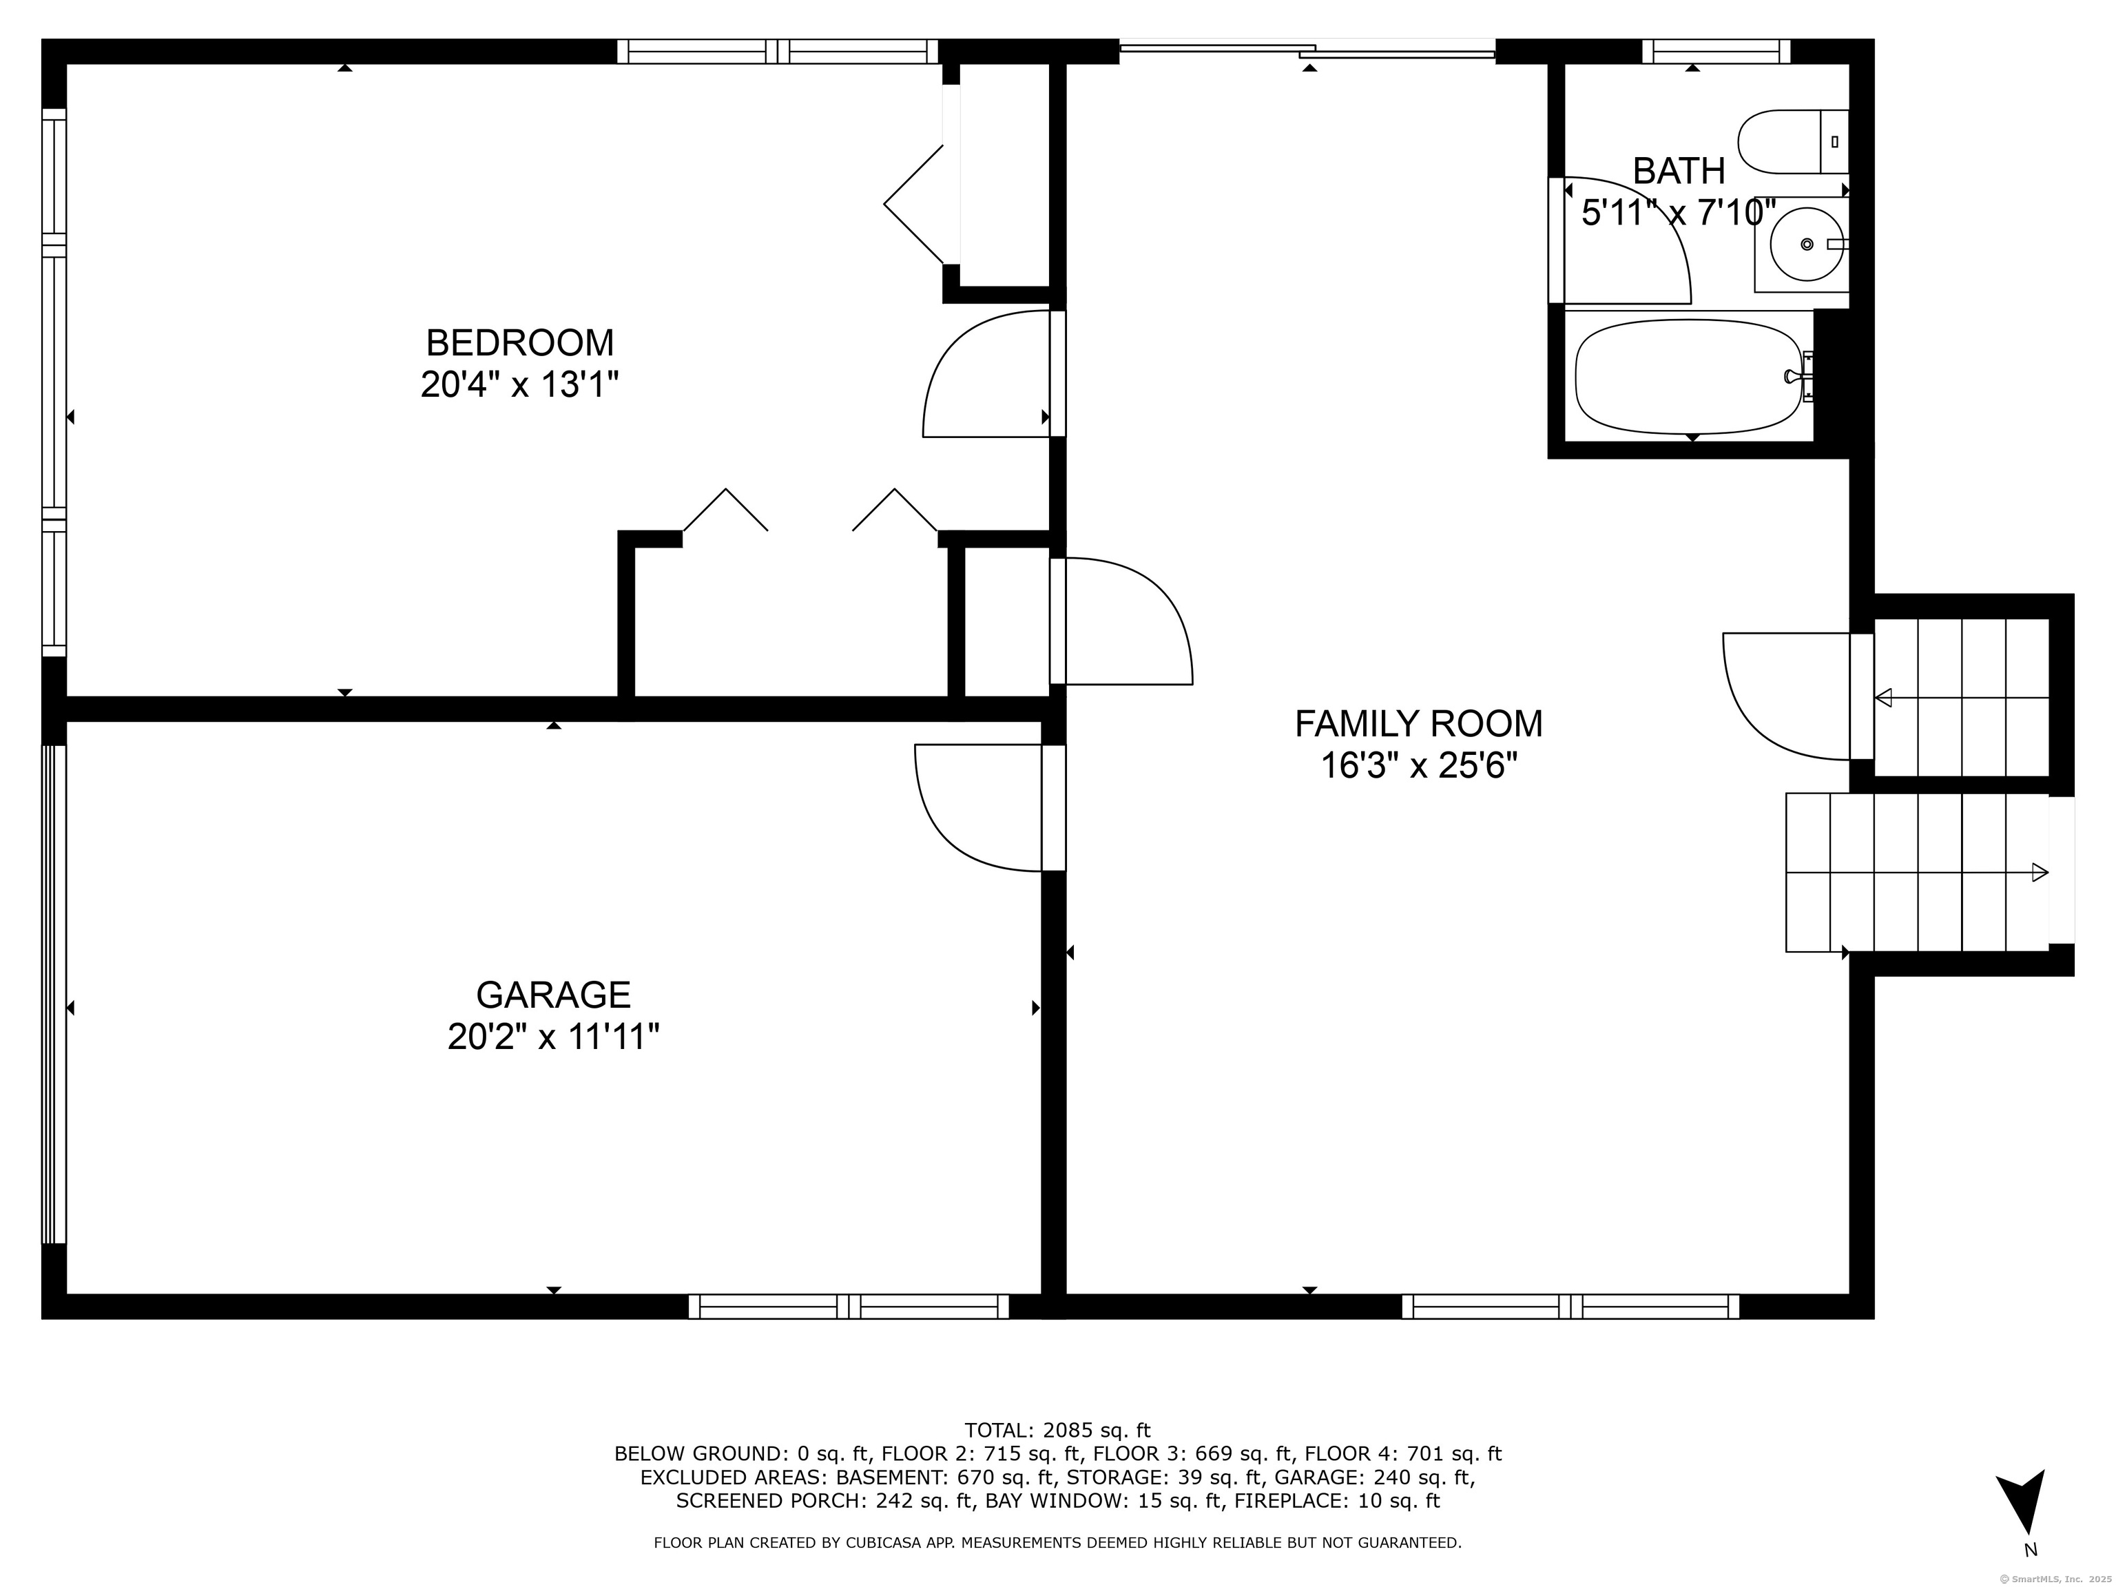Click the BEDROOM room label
pos(519,342)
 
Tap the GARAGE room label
pos(553,995)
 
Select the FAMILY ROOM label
pos(1419,723)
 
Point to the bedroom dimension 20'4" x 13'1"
pos(519,384)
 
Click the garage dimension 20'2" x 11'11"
pos(553,1037)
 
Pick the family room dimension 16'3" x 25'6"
pos(1419,765)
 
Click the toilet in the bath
pos(1793,142)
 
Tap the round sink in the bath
pos(1806,244)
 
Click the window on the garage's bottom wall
pos(849,1307)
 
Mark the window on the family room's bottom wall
pos(1570,1307)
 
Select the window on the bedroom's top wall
pos(777,52)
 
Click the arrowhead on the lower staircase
pos(2040,873)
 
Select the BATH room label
pos(1679,172)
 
